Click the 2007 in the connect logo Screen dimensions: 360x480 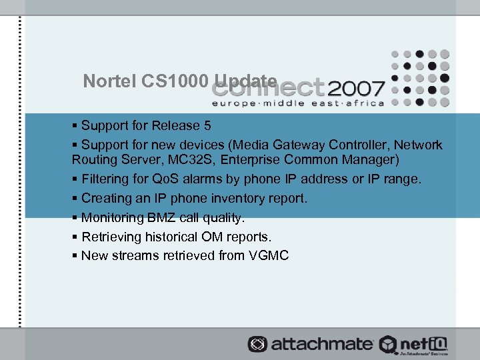[356, 88]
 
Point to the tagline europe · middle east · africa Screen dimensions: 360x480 [298, 103]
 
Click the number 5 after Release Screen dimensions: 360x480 [207, 126]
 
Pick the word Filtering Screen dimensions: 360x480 [107, 179]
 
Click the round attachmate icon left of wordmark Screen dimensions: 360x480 [257, 344]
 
